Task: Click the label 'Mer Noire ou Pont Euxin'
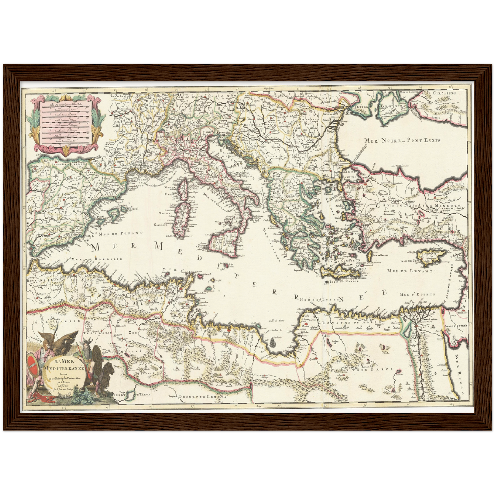402,140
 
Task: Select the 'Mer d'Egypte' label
417,294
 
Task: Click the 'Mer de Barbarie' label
96,259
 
